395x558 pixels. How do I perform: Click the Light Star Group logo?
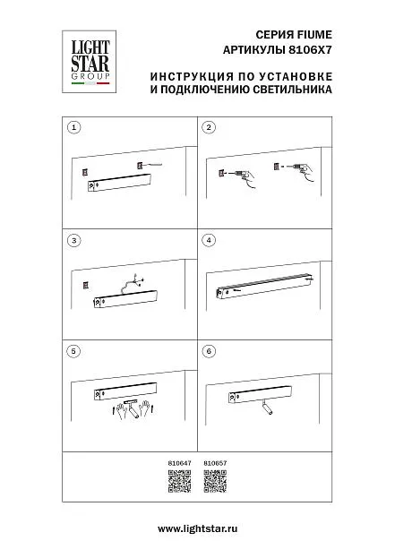click(x=90, y=62)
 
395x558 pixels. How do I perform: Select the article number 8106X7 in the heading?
click(x=310, y=50)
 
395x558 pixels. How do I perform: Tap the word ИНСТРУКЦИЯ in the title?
click(x=191, y=76)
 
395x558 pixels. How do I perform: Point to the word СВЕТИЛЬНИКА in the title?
click(x=293, y=89)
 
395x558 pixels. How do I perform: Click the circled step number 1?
click(x=74, y=127)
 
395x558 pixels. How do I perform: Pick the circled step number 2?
click(x=209, y=127)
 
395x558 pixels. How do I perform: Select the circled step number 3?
click(x=74, y=240)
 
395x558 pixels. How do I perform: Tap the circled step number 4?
click(x=209, y=240)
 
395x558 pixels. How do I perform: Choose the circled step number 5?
click(x=73, y=351)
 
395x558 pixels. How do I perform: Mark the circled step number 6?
click(x=209, y=351)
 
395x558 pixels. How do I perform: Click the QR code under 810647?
click(x=180, y=481)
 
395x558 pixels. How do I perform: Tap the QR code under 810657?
click(x=215, y=481)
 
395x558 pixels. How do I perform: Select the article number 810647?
click(x=180, y=463)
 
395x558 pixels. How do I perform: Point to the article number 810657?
click(x=215, y=463)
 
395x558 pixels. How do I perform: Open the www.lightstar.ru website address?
click(x=197, y=528)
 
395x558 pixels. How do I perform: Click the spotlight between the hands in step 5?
click(x=132, y=408)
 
